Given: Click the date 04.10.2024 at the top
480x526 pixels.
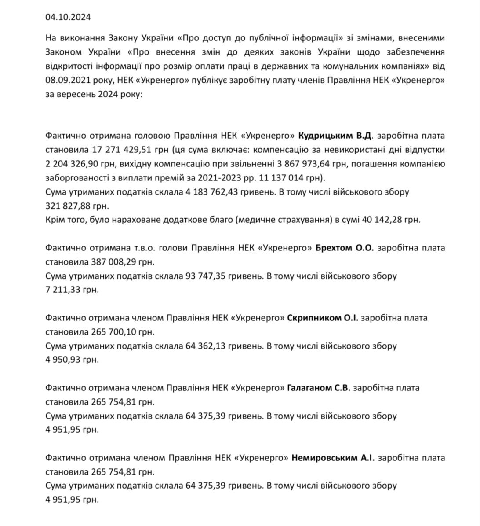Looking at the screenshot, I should point(68,17).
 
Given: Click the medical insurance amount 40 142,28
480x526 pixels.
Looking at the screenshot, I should point(385,220).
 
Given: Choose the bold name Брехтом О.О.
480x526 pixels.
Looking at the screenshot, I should point(345,248).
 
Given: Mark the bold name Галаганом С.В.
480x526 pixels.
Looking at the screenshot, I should point(319,388).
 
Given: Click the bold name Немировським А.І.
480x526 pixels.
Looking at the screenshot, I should point(333,458).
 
